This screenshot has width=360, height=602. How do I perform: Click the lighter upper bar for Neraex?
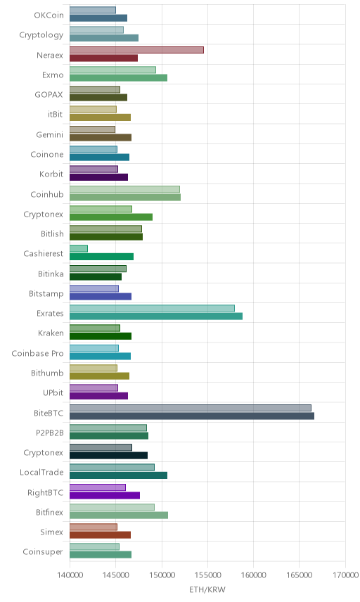[136, 50]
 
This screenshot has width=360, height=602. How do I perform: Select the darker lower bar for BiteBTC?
[192, 416]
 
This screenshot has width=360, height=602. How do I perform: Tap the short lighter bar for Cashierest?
[79, 248]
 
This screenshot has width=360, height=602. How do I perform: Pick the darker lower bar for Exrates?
[156, 316]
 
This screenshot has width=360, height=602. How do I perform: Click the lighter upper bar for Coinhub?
[124, 189]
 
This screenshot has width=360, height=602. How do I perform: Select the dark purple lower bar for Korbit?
[98, 177]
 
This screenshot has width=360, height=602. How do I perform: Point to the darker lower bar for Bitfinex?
[119, 515]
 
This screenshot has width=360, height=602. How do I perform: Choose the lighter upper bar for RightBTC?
[98, 487]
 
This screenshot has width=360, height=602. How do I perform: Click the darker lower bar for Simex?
[100, 534]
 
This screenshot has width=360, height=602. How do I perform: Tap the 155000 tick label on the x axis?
[207, 575]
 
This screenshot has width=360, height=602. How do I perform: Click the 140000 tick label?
[70, 575]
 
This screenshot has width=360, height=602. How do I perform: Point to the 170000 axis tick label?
[345, 575]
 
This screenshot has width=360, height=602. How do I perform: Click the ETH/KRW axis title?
[207, 589]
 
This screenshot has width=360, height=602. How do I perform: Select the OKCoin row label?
[49, 15]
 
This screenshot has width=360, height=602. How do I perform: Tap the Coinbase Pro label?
[37, 353]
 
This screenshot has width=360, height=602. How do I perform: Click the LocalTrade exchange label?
[41, 472]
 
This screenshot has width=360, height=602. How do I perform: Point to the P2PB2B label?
[49, 433]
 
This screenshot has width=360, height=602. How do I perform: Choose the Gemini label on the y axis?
[49, 134]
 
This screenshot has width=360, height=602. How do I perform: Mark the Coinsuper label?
[43, 551]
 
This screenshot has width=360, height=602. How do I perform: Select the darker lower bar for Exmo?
[119, 77]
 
